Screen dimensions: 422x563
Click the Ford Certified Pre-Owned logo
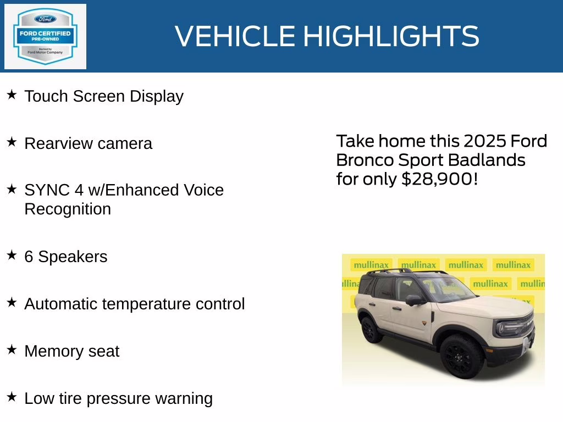pyautogui.click(x=45, y=37)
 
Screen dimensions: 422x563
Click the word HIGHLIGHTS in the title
pyautogui.click(x=391, y=36)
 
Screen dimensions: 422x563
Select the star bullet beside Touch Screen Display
pyautogui.click(x=12, y=95)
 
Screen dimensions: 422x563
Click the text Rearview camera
pyautogui.click(x=88, y=143)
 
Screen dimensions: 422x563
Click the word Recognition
pyautogui.click(x=68, y=209)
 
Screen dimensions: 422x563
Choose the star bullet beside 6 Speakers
pyautogui.click(x=12, y=256)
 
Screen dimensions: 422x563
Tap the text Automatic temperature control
pyautogui.click(x=134, y=304)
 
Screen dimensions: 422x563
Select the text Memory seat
pyautogui.click(x=71, y=351)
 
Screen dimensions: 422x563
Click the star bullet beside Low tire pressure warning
pyautogui.click(x=12, y=397)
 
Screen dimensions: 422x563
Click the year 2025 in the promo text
pyautogui.click(x=485, y=141)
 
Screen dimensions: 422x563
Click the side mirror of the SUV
pyautogui.click(x=413, y=299)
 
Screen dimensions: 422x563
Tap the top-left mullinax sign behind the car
pyautogui.click(x=371, y=265)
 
